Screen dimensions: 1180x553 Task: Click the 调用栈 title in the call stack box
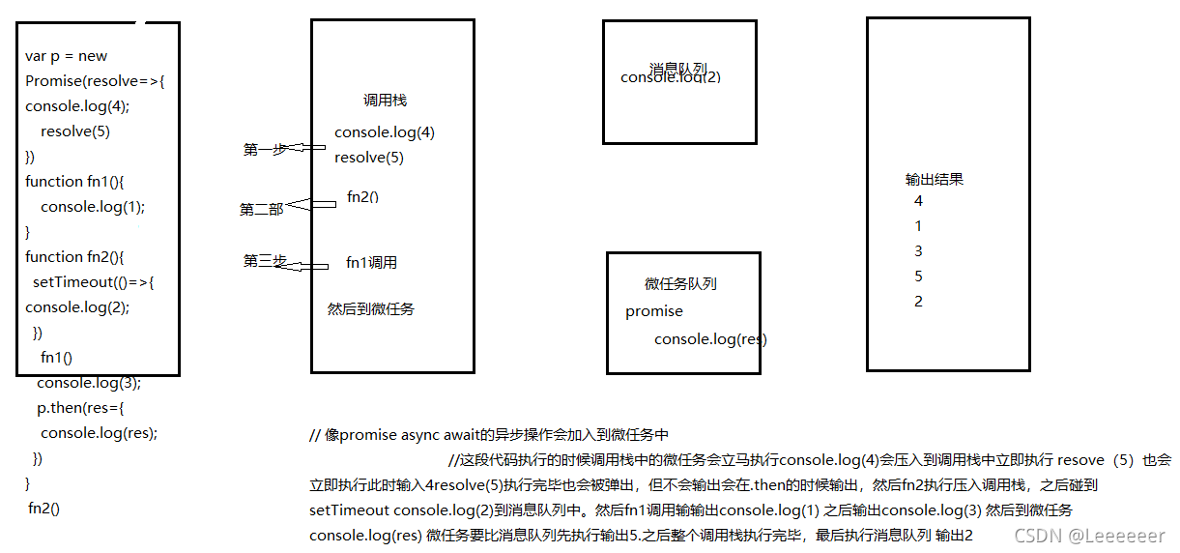pos(385,101)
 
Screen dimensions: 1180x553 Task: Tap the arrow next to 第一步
pos(307,147)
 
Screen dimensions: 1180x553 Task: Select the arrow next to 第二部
pos(310,204)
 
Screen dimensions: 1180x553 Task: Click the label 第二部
pos(261,210)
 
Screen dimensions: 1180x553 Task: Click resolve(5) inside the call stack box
pos(369,158)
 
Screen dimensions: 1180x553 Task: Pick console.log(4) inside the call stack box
pos(385,132)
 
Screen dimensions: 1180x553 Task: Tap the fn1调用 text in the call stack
pos(371,263)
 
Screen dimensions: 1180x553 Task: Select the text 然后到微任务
pos(371,309)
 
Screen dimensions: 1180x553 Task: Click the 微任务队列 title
pos(680,284)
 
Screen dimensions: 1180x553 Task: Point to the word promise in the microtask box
pos(654,311)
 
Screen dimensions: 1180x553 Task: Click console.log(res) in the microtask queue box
pos(710,339)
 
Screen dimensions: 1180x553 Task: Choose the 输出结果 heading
pos(935,180)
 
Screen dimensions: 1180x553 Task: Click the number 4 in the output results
pos(918,201)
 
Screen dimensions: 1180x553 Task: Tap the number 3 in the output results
pos(918,251)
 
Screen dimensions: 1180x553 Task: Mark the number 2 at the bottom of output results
pos(918,302)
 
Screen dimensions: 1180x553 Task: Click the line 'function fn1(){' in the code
pos(83,182)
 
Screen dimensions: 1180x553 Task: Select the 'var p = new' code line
pos(67,56)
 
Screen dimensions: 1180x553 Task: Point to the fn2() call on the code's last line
pos(44,508)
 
